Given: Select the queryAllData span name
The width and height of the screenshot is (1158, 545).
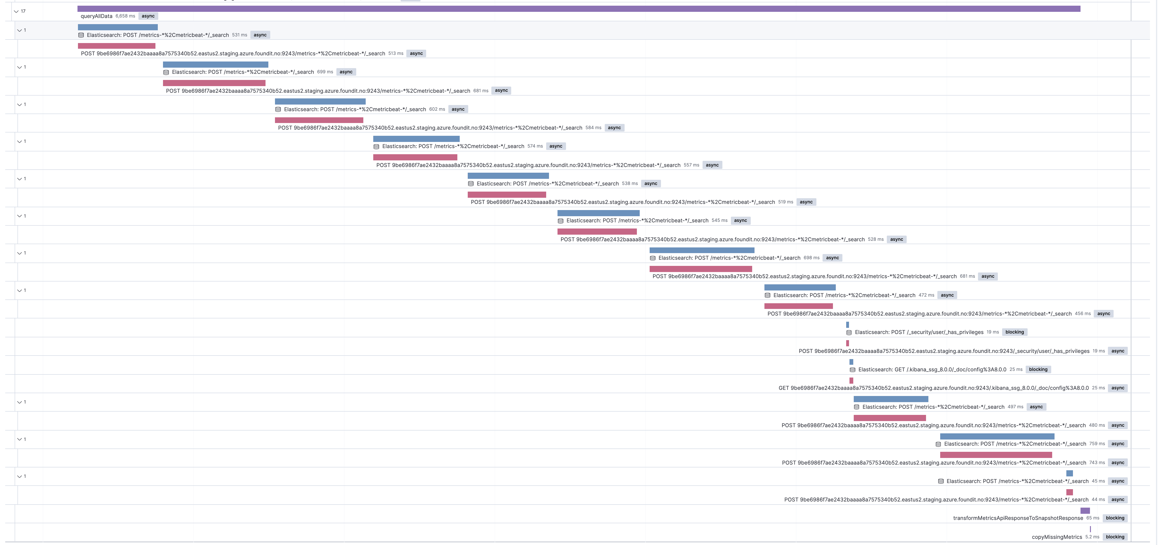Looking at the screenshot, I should [x=96, y=16].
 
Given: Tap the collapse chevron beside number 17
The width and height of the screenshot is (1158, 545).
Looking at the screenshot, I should [x=16, y=11].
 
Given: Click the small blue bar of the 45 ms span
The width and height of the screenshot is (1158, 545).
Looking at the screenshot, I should [x=1069, y=473].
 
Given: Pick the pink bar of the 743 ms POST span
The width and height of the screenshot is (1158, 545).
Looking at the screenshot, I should [x=996, y=455].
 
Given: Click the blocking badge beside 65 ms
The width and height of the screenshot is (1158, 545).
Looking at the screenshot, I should [x=1115, y=518].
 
